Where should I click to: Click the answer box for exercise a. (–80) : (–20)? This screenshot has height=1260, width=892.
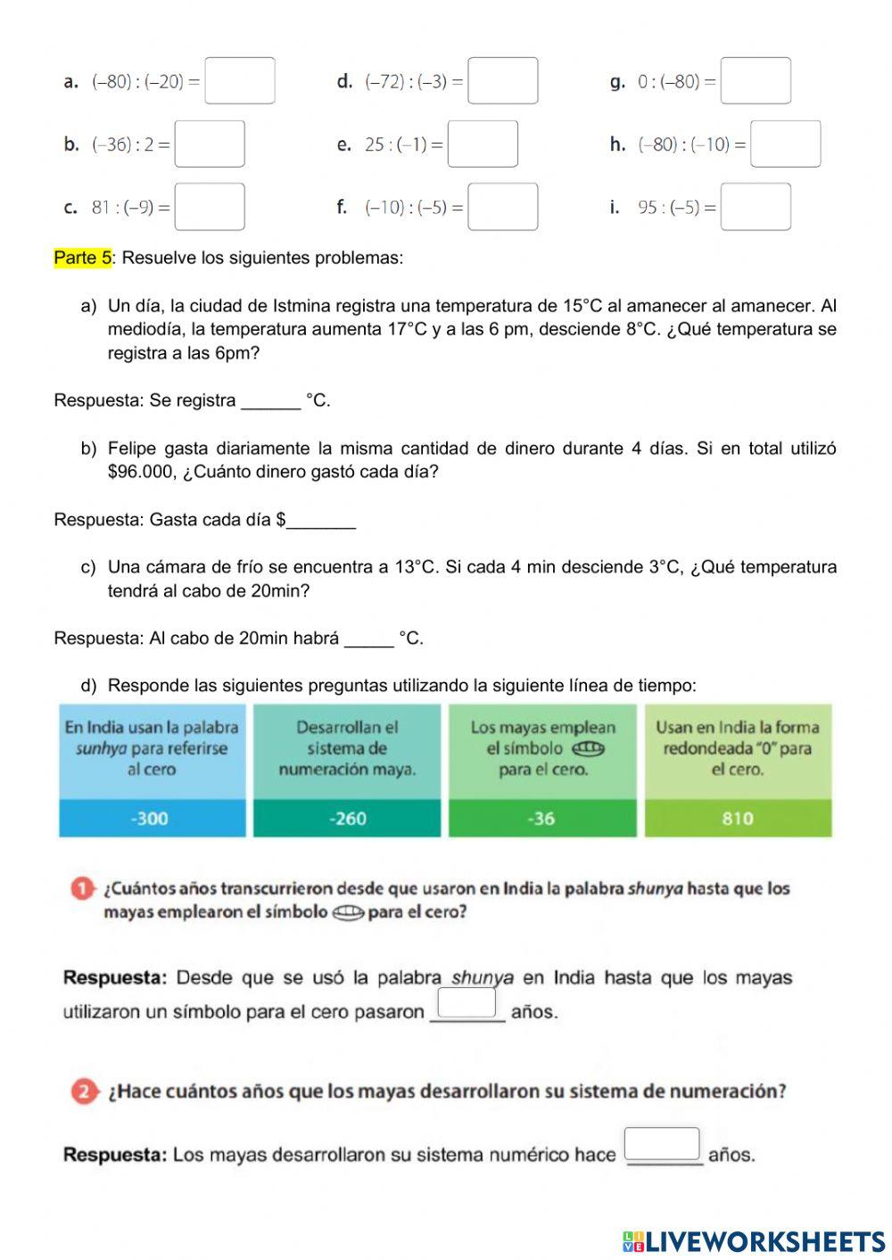pyautogui.click(x=239, y=81)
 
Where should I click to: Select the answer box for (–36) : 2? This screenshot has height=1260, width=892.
pyautogui.click(x=210, y=144)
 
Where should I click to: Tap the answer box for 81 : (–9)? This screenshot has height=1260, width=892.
pyautogui.click(x=210, y=207)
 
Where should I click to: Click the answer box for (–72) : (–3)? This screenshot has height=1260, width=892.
pyautogui.click(x=503, y=81)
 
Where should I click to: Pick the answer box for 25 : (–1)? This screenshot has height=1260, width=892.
pyautogui.click(x=483, y=144)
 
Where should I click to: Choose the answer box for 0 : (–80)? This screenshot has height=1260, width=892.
pyautogui.click(x=756, y=81)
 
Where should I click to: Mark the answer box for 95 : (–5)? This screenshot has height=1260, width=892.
pyautogui.click(x=756, y=207)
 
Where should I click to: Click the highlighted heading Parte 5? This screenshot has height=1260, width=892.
pyautogui.click(x=82, y=258)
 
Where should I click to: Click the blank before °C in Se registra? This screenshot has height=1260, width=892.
pyautogui.click(x=271, y=402)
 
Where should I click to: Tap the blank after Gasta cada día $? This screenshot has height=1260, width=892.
pyautogui.click(x=322, y=522)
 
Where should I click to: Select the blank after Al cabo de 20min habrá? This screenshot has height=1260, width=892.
pyautogui.click(x=368, y=640)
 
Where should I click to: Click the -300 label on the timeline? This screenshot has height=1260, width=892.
pyautogui.click(x=150, y=819)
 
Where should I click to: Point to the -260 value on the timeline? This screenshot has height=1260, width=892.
pyautogui.click(x=347, y=819)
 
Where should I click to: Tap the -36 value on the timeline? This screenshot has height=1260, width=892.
pyautogui.click(x=541, y=819)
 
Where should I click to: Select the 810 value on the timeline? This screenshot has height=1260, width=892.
pyautogui.click(x=738, y=819)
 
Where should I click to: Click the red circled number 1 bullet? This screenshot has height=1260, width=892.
pyautogui.click(x=82, y=889)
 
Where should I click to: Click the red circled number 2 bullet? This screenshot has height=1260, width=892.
pyautogui.click(x=84, y=1091)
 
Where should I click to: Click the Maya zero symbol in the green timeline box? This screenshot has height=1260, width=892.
pyautogui.click(x=588, y=748)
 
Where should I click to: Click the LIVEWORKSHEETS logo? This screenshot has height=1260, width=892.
pyautogui.click(x=754, y=1241)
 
